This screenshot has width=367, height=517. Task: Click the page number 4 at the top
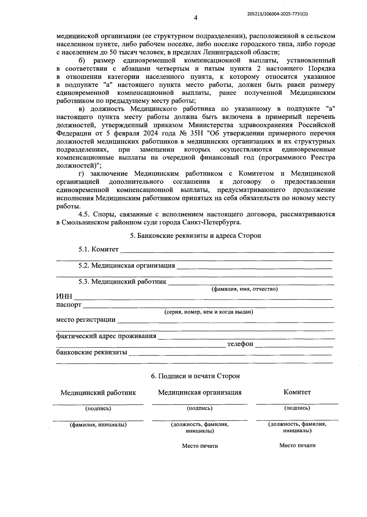click(x=196, y=18)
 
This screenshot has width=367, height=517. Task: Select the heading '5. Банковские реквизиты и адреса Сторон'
click(x=195, y=236)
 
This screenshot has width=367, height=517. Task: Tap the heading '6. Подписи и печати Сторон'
click(x=195, y=376)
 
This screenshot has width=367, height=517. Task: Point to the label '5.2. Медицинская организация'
click(x=127, y=265)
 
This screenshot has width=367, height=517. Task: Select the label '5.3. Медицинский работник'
click(x=122, y=282)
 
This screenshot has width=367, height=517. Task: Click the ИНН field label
click(x=64, y=297)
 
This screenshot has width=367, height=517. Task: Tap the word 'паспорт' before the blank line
click(x=69, y=305)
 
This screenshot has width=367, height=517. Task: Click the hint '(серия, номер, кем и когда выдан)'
click(x=209, y=312)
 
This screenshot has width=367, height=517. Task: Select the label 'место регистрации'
click(x=86, y=320)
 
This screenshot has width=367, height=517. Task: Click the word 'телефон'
click(x=240, y=344)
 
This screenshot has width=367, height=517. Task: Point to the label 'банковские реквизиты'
click(x=92, y=352)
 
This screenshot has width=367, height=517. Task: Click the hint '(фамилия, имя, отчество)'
click(x=245, y=289)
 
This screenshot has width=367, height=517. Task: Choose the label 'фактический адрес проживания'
click(x=106, y=336)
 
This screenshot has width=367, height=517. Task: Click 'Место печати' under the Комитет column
click(x=297, y=446)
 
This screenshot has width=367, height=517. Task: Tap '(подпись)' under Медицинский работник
click(x=98, y=408)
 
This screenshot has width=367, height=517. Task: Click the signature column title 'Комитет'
click(x=297, y=392)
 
